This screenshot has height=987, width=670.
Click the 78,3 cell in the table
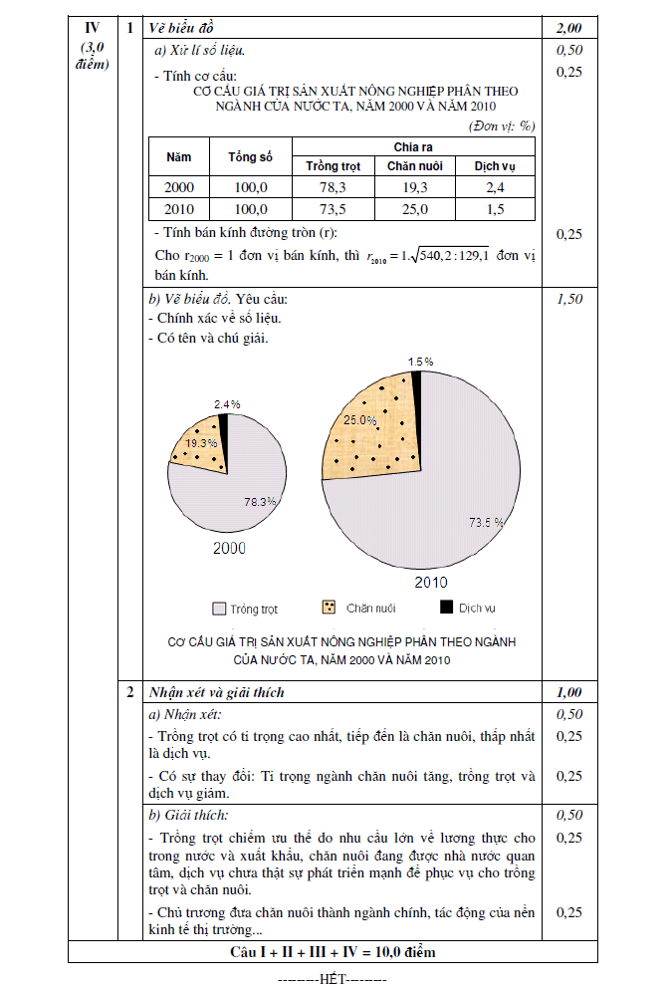tap(333, 187)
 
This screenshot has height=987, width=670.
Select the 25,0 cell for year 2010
tap(414, 209)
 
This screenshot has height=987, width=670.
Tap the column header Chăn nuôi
tap(414, 165)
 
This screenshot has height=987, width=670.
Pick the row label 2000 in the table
tap(179, 187)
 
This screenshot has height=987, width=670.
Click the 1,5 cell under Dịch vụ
tap(495, 209)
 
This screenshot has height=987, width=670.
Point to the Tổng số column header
tap(250, 156)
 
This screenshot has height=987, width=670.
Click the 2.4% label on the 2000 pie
tap(227, 404)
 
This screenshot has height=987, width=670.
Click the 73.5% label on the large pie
tap(486, 521)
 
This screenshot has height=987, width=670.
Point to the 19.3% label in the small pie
tap(202, 443)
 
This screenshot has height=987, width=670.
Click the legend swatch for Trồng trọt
tap(219, 608)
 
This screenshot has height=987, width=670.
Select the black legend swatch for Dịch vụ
tap(446, 607)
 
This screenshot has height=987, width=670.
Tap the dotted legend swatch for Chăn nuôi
tap(330, 607)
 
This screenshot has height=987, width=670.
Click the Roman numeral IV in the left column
tap(92, 27)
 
